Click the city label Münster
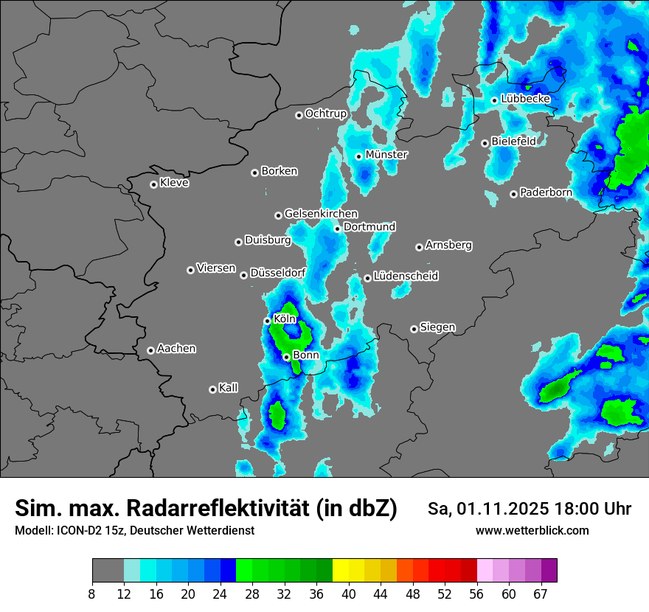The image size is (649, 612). click(386, 155)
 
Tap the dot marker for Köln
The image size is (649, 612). click(268, 321)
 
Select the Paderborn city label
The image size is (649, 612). click(546, 192)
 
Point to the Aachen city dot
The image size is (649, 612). click(150, 350)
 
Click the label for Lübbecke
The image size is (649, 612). click(525, 99)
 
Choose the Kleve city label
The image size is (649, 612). click(174, 183)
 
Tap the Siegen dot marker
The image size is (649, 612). click(414, 329)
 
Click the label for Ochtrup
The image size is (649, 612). click(325, 114)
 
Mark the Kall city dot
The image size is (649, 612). click(212, 389)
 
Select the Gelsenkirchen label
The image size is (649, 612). click(321, 214)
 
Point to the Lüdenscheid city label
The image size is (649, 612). click(406, 277)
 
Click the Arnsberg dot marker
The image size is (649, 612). click(419, 247)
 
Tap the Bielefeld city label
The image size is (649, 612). click(513, 141)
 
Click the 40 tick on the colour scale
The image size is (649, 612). click(349, 594)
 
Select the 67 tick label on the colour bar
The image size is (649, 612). click(541, 594)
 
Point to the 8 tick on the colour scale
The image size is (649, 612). click(92, 594)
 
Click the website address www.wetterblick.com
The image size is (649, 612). click(532, 531)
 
